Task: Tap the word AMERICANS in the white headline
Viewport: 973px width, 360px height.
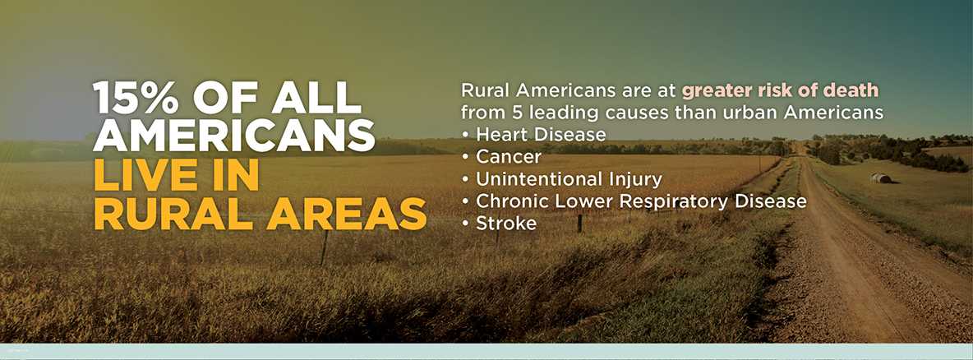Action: point(234,135)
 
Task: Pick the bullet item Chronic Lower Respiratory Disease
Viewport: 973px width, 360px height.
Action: point(641,201)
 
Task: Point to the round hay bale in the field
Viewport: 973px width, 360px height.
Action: point(880,178)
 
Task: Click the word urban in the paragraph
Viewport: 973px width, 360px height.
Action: point(759,111)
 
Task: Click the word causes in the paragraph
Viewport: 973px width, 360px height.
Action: point(649,111)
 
